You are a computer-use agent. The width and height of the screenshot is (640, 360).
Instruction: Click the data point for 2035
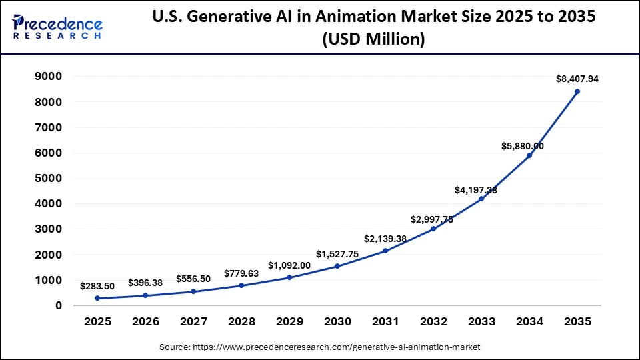[577, 91]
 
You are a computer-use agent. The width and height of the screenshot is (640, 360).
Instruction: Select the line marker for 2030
[337, 266]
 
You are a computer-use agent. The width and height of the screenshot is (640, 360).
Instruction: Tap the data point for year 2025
[97, 298]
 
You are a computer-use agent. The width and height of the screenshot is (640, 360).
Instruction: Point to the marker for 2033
[481, 199]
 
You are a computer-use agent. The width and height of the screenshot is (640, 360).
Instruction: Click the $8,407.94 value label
[577, 79]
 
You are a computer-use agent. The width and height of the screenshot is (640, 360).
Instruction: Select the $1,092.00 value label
[289, 265]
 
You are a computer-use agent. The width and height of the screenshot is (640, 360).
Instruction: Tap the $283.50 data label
[97, 286]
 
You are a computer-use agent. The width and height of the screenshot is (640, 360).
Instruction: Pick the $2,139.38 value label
[385, 239]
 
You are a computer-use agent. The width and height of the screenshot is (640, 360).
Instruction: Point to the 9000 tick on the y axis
[49, 77]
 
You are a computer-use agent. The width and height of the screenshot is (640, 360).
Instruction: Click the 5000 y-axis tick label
[49, 179]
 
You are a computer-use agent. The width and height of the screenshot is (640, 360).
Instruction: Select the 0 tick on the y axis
[59, 305]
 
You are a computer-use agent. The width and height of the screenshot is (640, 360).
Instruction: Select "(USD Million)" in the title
[373, 40]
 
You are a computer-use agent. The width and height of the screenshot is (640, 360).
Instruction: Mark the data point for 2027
[193, 291]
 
